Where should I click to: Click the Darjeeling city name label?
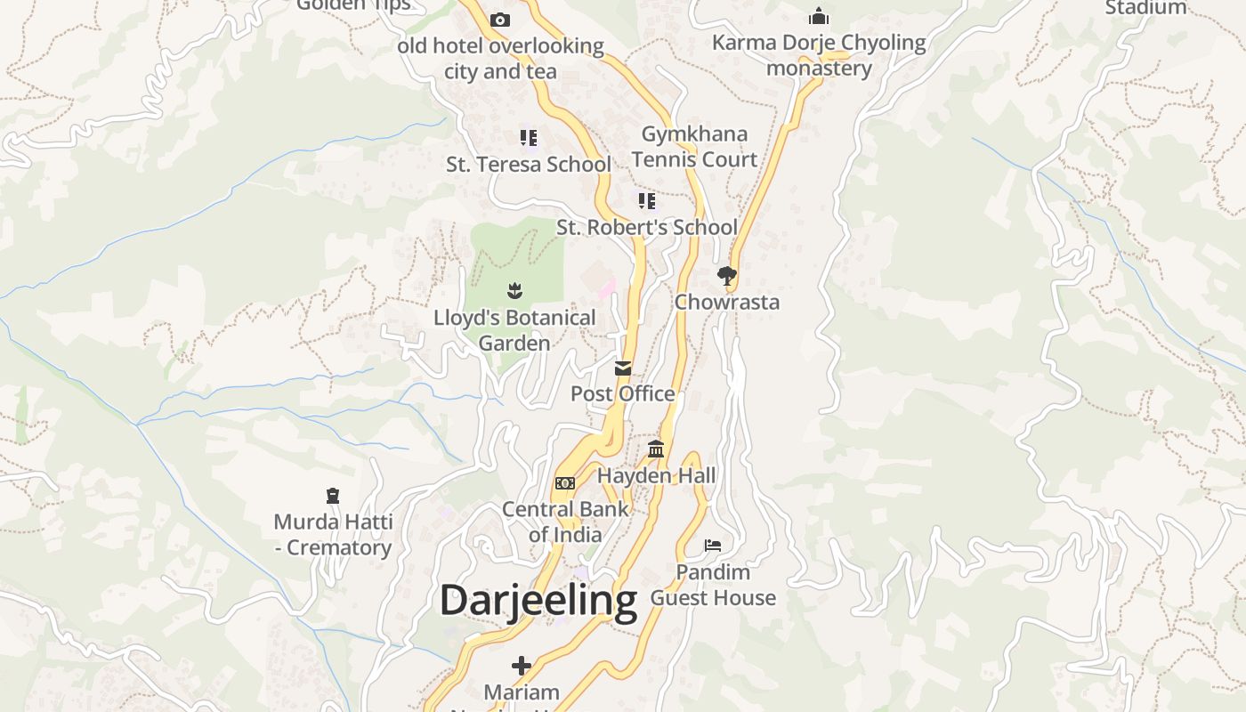click(538, 601)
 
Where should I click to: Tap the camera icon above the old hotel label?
click(500, 20)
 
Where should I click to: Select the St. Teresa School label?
click(529, 165)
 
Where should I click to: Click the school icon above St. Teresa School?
click(529, 138)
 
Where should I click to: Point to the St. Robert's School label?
click(647, 227)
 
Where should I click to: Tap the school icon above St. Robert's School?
click(647, 200)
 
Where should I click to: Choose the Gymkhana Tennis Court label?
click(694, 147)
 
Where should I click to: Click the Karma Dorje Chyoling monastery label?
click(819, 55)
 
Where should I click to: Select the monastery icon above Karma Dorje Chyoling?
click(819, 17)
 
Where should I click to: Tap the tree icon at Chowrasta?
click(727, 275)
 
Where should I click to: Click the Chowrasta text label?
click(727, 302)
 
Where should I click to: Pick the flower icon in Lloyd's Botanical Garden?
click(514, 290)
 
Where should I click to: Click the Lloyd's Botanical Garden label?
click(514, 330)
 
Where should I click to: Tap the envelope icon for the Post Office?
click(623, 368)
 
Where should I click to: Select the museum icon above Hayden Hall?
click(656, 449)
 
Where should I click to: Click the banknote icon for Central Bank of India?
click(565, 483)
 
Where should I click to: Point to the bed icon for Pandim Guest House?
click(713, 545)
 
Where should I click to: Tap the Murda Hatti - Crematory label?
click(333, 534)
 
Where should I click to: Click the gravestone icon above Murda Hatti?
click(333, 495)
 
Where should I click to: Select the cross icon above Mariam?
click(522, 665)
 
